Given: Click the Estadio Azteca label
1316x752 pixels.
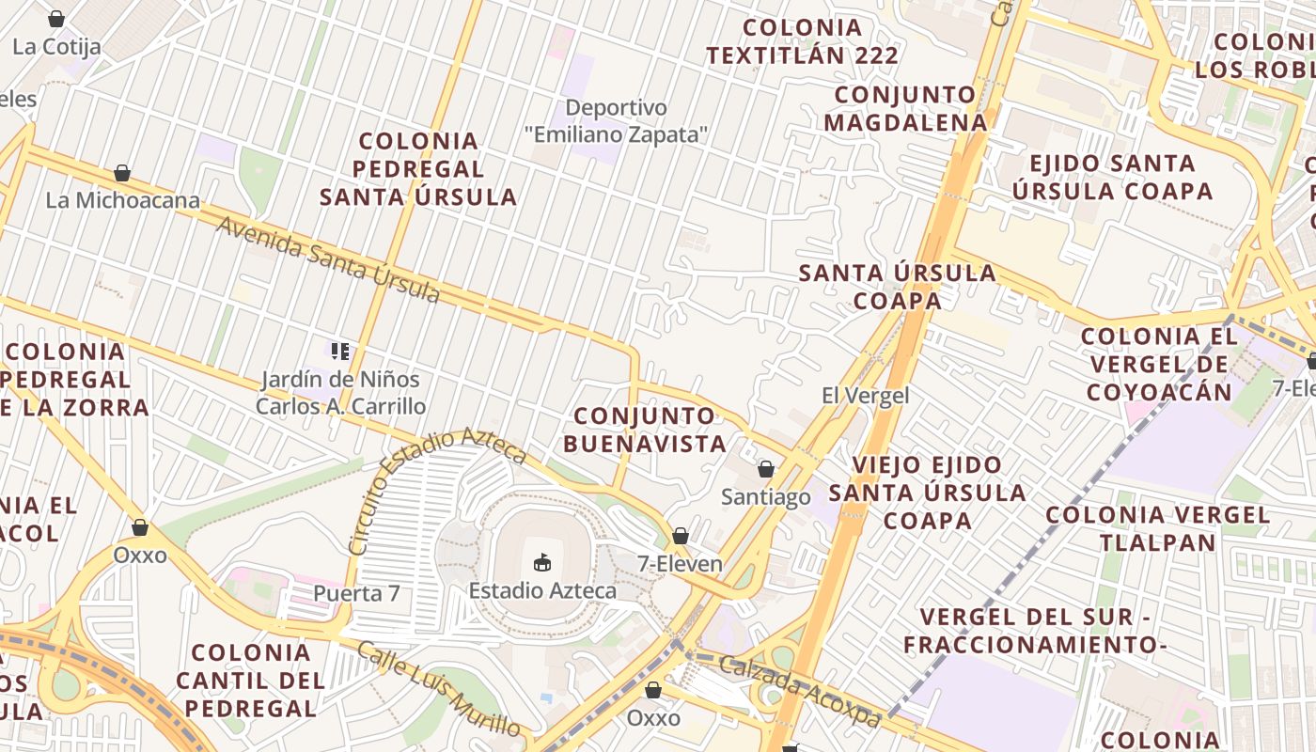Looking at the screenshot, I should click(x=542, y=591).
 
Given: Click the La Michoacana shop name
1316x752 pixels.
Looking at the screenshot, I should click(x=123, y=200).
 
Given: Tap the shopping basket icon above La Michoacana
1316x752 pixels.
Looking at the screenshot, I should click(x=121, y=173).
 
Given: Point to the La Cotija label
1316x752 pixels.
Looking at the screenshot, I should click(x=56, y=46).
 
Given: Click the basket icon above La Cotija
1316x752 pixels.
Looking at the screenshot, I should click(x=56, y=19).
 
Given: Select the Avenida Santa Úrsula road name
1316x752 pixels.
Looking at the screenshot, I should click(x=328, y=261).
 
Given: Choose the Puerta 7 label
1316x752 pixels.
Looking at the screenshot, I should click(x=356, y=594).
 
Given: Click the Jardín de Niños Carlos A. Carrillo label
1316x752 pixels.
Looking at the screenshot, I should click(x=340, y=393).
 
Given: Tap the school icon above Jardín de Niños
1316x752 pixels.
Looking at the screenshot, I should click(x=340, y=352).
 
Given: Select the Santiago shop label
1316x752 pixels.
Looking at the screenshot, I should click(x=765, y=497).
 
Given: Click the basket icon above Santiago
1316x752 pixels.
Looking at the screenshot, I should click(x=766, y=469).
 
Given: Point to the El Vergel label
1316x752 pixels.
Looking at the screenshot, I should click(x=865, y=396).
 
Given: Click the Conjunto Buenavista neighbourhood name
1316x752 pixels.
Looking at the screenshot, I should click(x=645, y=430).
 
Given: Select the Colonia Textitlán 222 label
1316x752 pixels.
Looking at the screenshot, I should click(x=803, y=41).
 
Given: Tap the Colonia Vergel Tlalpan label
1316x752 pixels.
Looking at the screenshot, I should click(x=1157, y=528).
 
